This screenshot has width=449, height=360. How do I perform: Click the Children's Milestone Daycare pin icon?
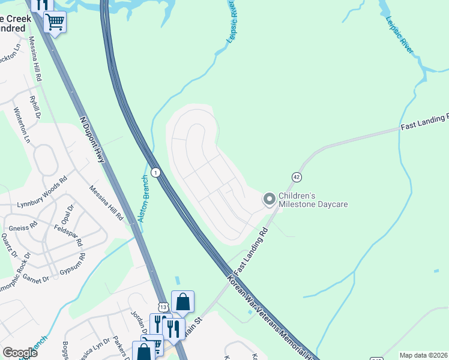(270, 198)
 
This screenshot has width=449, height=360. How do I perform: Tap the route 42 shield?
(297, 176)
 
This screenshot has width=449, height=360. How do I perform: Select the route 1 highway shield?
(155, 172)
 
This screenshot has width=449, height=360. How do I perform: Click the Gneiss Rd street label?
(23, 228)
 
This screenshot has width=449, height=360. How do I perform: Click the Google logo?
(20, 353)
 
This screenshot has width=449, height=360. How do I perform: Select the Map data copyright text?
(423, 355)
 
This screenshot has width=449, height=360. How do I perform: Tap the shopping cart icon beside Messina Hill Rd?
(55, 22)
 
